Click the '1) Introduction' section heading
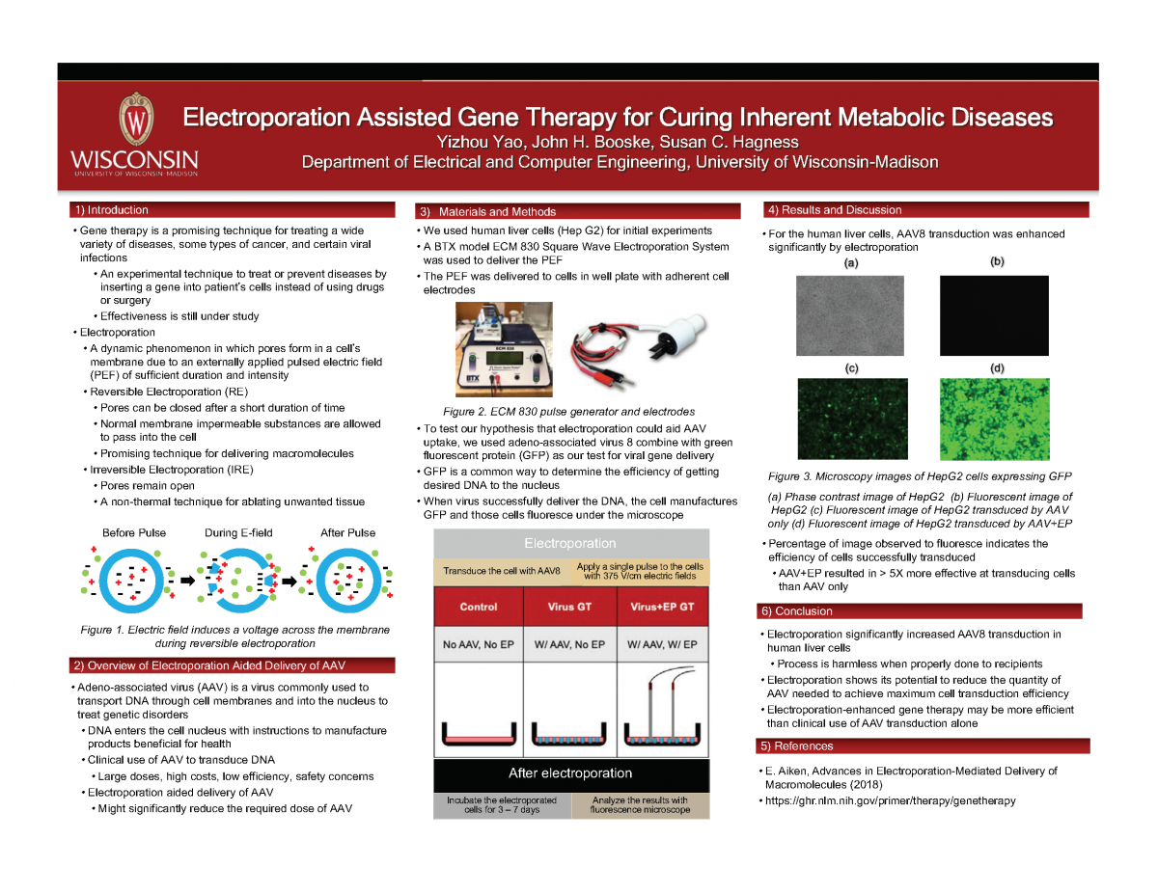pos(111,209)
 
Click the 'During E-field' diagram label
pos(239,532)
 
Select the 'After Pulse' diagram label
pos(347,532)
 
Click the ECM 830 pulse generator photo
pos(502,349)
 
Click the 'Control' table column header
pos(479,607)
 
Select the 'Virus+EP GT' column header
pos(663,607)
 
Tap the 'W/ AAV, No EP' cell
pos(569,643)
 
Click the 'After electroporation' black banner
pos(570,772)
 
